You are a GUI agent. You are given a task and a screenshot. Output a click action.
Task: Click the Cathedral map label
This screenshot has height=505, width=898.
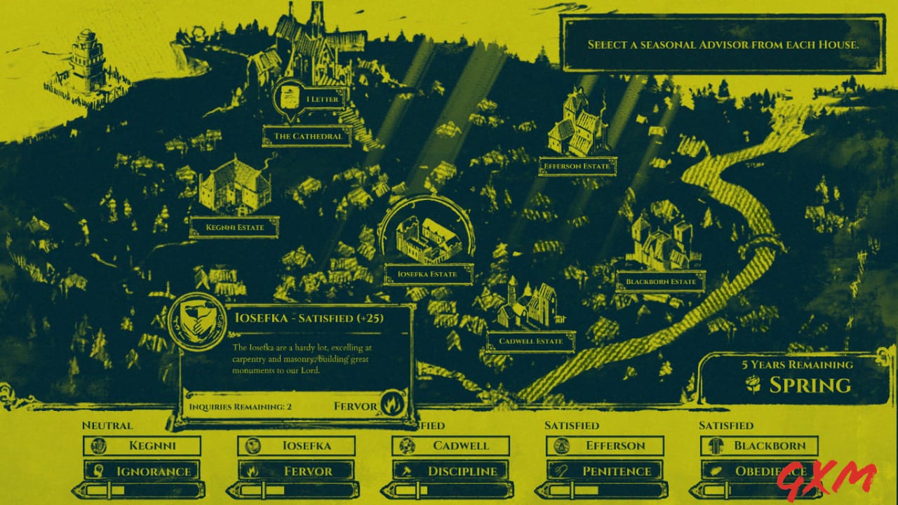pos(307,136)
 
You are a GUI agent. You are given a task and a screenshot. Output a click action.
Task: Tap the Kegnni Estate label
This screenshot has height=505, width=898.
pos(234,227)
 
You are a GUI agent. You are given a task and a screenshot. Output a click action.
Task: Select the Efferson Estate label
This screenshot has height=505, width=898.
pos(578,167)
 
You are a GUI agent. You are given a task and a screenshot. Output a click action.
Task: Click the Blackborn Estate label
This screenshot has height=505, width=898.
pos(660,282)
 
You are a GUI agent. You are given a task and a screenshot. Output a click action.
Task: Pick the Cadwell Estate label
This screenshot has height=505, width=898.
pos(530,342)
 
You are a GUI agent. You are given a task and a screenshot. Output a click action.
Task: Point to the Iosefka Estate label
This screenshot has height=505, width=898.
pos(427,274)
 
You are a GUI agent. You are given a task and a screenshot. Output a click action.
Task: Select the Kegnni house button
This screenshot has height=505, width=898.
pos(142,445)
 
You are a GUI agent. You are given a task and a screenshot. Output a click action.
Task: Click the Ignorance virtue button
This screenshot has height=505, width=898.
pos(142,471)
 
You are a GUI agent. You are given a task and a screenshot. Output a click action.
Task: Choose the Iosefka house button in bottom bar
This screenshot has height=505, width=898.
pos(297,445)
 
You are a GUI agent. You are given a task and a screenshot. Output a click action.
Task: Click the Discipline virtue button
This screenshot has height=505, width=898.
pos(451,471)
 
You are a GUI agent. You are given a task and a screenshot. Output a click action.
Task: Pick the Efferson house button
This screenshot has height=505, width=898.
pos(605,445)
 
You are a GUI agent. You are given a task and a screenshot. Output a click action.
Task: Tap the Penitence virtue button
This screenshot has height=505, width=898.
pos(605,471)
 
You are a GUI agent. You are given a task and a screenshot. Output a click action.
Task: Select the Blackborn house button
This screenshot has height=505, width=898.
pos(760,445)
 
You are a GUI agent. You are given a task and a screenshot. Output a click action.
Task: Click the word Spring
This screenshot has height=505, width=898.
pos(810,385)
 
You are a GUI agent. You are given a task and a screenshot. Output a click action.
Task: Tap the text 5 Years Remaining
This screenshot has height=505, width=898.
pos(798,365)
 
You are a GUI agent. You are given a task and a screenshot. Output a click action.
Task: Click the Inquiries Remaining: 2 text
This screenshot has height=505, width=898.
pos(240,407)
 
